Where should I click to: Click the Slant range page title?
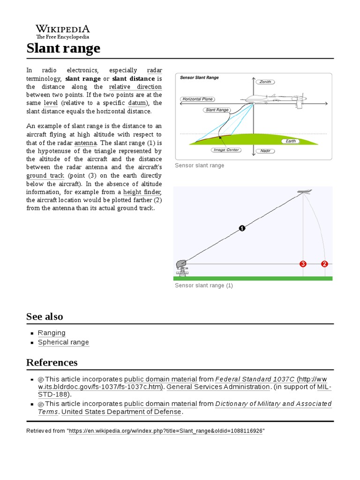coord(63,48)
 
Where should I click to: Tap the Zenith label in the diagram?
coord(265,82)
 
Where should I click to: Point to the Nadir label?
coord(265,151)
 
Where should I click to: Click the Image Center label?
coord(227,150)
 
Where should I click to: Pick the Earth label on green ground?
coord(291,141)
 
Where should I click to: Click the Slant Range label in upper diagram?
coord(217,110)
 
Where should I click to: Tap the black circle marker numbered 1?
coord(242,228)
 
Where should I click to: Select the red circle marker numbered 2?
coord(324,264)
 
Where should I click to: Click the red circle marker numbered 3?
coord(303,264)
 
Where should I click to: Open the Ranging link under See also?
coord(52,333)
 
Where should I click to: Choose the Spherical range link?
coord(63,342)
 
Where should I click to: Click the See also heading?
coord(45,316)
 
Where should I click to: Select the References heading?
coord(52,362)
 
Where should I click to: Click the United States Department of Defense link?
coord(121,412)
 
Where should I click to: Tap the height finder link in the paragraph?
coord(142,192)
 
